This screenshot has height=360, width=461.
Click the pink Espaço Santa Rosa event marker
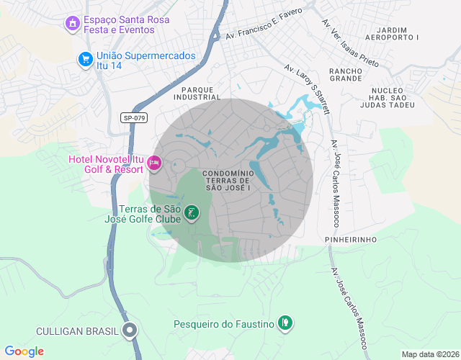pyautogui.click(x=71, y=24)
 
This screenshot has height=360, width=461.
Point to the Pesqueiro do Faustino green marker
pyautogui.click(x=286, y=324)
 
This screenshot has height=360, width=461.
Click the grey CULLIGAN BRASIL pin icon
pyautogui.click(x=130, y=331)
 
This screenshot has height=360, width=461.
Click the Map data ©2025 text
pyautogui.click(x=429, y=354)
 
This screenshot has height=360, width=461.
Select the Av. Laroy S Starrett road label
pyautogui.click(x=307, y=89)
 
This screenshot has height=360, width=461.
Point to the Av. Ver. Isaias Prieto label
pyautogui.click(x=350, y=44)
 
